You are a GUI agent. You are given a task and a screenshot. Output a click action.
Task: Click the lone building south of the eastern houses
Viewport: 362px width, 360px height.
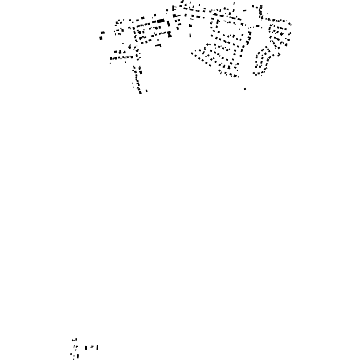(x=245, y=89)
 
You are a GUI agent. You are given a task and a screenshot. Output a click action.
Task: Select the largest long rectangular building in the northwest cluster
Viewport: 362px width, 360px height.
(x=161, y=21)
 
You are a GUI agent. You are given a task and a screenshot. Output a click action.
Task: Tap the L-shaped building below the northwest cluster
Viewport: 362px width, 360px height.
(x=158, y=45)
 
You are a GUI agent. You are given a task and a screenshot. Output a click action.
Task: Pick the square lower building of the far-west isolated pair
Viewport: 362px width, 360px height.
(x=101, y=38)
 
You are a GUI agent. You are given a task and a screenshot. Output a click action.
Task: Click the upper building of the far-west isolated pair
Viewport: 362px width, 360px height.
(x=103, y=33)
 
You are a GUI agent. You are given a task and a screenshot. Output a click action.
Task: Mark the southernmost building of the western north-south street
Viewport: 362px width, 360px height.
(x=141, y=92)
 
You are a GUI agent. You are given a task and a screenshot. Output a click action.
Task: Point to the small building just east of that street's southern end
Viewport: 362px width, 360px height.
(x=147, y=91)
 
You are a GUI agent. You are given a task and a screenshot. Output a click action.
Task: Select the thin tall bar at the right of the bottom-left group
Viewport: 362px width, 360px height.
(x=97, y=347)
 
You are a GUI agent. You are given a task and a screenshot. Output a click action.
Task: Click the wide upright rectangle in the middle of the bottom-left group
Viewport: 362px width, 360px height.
(x=86, y=348)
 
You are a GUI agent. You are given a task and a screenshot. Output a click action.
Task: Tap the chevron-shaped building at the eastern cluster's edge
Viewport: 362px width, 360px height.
(x=279, y=55)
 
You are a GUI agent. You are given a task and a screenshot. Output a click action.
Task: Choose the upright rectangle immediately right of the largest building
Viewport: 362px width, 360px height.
(x=168, y=24)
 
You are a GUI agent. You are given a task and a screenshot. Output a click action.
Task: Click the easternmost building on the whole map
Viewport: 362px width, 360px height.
(x=290, y=25)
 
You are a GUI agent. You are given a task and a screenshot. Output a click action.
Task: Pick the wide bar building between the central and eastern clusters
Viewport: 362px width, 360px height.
(x=257, y=26)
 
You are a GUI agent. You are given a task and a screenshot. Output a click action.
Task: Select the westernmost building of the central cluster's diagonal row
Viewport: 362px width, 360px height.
(x=192, y=53)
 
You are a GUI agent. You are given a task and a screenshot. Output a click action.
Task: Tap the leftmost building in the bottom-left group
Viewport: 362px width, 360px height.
(x=71, y=354)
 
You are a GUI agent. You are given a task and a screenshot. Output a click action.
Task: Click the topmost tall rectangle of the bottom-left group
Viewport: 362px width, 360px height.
(x=76, y=339)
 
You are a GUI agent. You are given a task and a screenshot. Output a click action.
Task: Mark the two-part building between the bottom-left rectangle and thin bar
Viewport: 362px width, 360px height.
(x=92, y=346)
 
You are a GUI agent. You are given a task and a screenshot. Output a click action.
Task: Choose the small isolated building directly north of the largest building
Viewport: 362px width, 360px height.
(x=155, y=15)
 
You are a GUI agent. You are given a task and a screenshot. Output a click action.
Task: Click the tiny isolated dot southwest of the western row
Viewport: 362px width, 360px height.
(x=110, y=63)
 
